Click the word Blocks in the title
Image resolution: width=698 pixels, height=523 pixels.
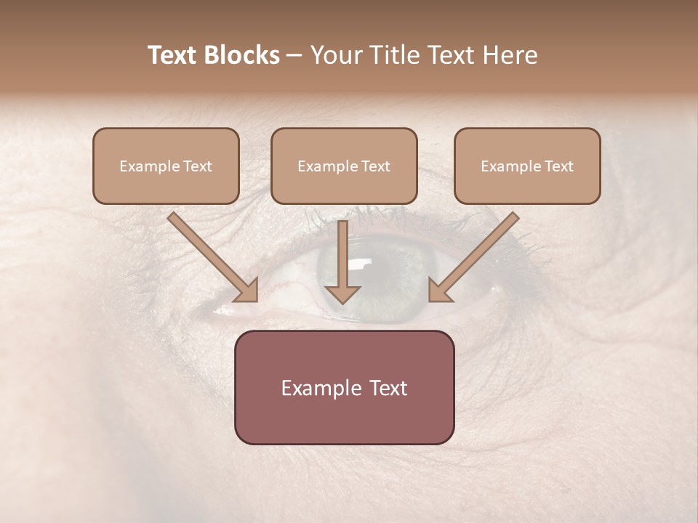click(x=242, y=55)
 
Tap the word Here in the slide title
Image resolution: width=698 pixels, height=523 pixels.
click(x=508, y=55)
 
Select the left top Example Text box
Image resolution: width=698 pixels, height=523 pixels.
click(x=166, y=166)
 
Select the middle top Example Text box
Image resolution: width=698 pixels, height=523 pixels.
click(x=344, y=166)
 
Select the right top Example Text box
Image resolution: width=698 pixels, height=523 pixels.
click(x=527, y=166)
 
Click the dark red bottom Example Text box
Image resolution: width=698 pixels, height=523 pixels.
click(x=344, y=387)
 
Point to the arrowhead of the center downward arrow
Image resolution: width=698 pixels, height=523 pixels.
click(x=342, y=293)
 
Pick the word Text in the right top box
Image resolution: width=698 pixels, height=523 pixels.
click(x=558, y=166)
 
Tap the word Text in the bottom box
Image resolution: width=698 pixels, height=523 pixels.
click(x=387, y=388)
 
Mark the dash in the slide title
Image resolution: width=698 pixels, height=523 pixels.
click(x=294, y=55)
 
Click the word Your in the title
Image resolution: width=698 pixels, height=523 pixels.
click(x=336, y=55)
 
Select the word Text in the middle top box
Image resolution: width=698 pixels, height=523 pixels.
click(x=375, y=166)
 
